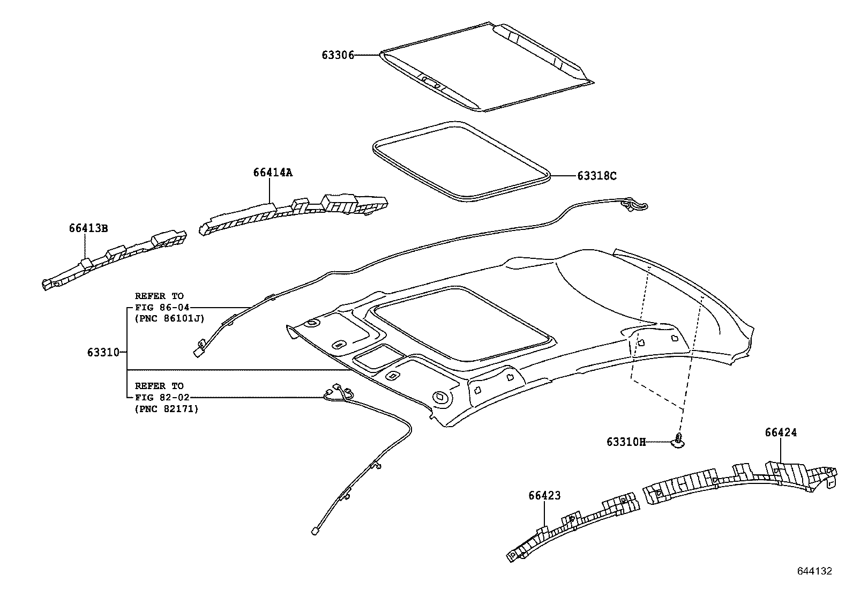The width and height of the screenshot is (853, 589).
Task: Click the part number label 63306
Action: tap(338, 55)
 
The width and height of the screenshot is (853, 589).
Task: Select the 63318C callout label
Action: tap(597, 176)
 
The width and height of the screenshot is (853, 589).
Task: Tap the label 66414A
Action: tap(273, 172)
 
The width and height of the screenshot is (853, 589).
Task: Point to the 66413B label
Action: tap(88, 228)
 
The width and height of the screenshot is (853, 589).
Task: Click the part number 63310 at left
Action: tap(103, 352)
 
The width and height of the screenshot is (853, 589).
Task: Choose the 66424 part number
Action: tap(781, 432)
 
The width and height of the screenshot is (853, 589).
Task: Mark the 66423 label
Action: tap(544, 496)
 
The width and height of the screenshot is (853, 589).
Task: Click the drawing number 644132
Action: tap(814, 571)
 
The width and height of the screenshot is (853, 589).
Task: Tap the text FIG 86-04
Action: tap(159, 307)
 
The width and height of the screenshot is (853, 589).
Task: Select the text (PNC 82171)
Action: tap(166, 409)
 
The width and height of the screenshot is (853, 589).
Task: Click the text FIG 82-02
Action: tap(159, 397)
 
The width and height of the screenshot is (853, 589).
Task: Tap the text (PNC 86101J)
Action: tap(169, 319)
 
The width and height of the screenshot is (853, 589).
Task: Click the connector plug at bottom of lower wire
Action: tap(314, 531)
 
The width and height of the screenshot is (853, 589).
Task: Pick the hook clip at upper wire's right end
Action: tap(637, 204)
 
